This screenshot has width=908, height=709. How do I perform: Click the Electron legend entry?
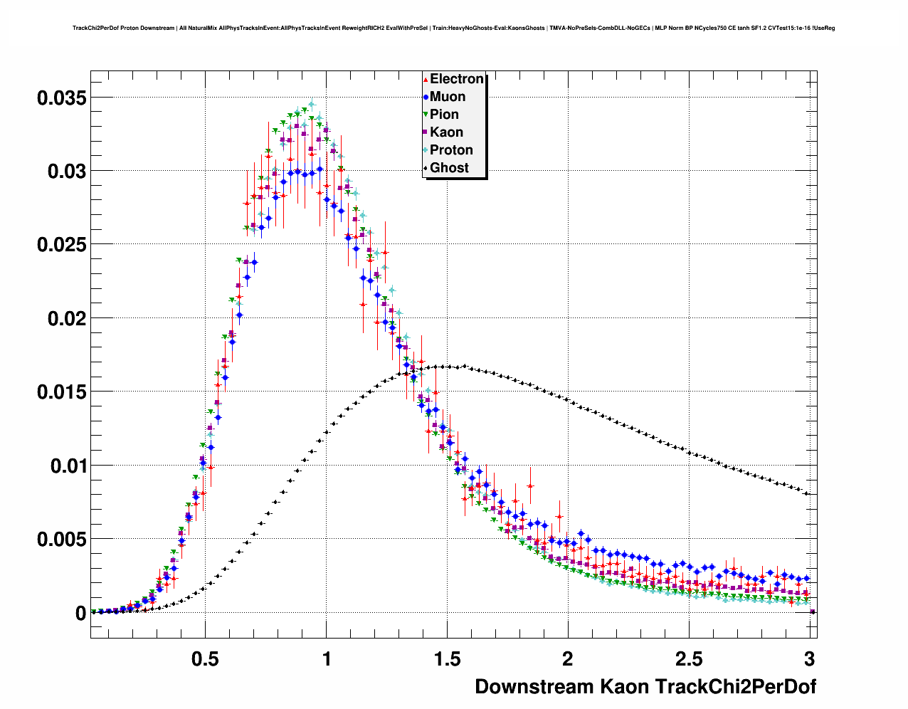[x=456, y=79]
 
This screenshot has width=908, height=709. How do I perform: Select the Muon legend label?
[x=447, y=97]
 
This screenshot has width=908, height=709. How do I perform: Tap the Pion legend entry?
[x=444, y=115]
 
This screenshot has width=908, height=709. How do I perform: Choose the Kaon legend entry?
[x=446, y=132]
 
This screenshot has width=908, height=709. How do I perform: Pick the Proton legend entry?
[x=451, y=150]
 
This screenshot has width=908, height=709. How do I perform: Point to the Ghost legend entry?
[x=449, y=168]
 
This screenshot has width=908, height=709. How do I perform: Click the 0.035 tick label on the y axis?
[x=61, y=98]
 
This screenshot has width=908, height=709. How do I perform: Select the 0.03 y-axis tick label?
[x=67, y=172]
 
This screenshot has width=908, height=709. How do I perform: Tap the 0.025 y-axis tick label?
[x=61, y=245]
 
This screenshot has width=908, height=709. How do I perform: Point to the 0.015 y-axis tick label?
[x=61, y=392]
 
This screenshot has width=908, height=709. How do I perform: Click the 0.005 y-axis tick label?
[x=61, y=540]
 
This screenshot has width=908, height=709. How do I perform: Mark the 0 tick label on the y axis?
[x=80, y=614]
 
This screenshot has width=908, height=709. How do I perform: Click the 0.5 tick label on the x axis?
[x=205, y=659]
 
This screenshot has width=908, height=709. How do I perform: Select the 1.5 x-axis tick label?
[x=447, y=659]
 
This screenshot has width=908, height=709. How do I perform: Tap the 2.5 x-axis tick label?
[x=688, y=659]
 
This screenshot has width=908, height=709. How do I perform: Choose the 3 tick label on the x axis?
[x=809, y=659]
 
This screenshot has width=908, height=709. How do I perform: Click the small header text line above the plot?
[x=453, y=28]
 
